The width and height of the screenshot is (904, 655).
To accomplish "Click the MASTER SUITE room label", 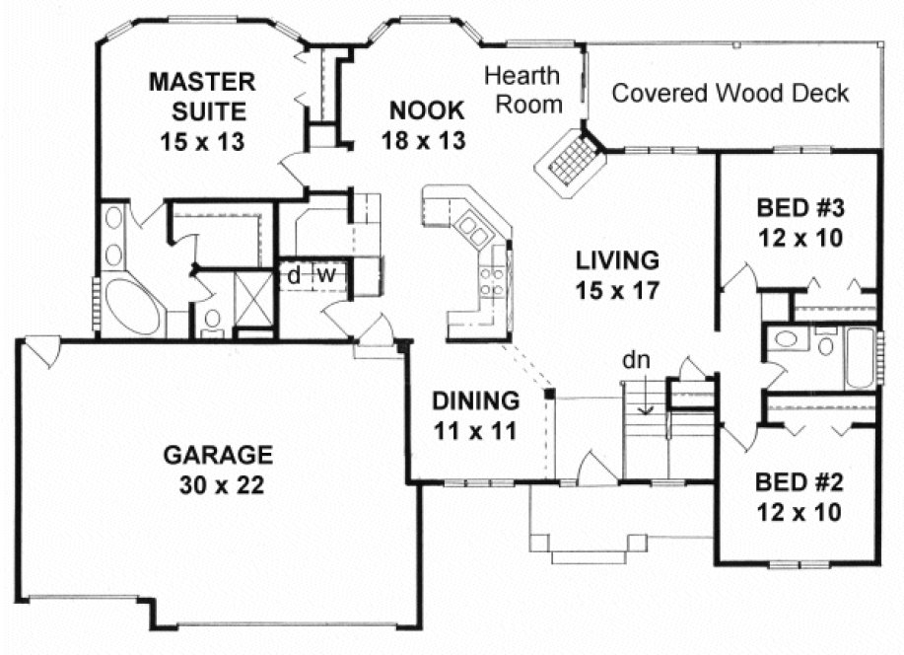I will [201, 96].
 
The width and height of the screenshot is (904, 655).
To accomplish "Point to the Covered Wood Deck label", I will [730, 93].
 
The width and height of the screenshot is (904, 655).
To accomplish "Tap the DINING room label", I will [476, 400].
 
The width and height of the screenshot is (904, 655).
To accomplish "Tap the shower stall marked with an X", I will [254, 300].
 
